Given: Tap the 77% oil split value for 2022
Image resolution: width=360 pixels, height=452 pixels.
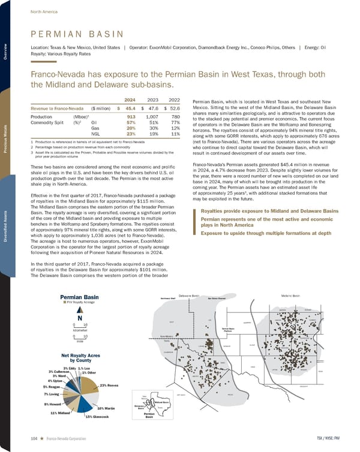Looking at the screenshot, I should pyautogui.click(x=175, y=122).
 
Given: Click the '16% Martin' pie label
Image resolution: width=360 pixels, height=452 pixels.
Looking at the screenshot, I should pyautogui.click(x=106, y=407).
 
